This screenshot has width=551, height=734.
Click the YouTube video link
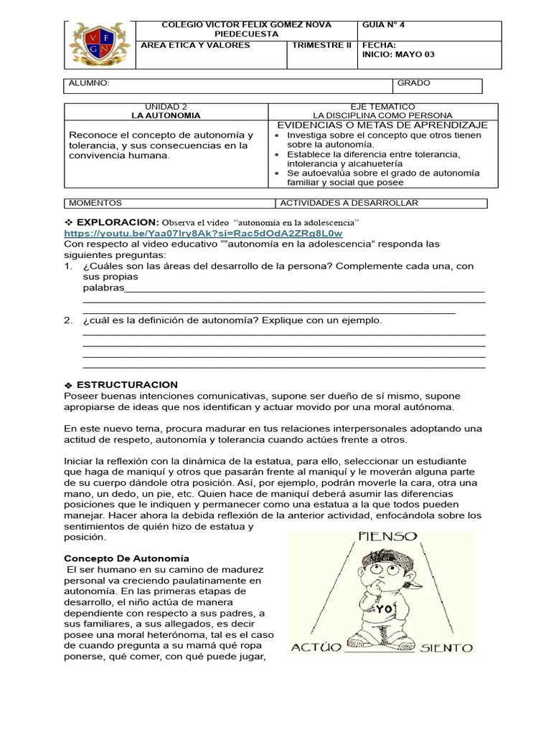tap(203, 233)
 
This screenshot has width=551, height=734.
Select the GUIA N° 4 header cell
tap(384, 24)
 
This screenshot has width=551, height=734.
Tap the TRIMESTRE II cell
tap(322, 45)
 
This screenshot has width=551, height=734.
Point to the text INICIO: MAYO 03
tap(398, 54)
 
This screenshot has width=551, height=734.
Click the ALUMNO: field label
tap(89, 83)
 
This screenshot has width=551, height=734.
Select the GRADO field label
tap(414, 83)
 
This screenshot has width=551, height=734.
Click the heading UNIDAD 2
tap(166, 105)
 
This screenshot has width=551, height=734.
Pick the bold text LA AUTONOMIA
tap(166, 115)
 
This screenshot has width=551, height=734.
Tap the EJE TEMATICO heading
tap(382, 105)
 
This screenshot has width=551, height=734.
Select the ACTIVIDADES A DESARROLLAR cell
tap(349, 203)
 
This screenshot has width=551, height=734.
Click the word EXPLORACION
tap(117, 222)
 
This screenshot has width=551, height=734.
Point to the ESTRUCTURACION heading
tap(127, 385)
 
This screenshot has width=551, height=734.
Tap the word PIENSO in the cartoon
tap(387, 536)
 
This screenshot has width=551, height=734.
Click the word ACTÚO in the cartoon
tap(316, 648)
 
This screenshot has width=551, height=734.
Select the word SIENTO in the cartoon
tap(446, 648)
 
